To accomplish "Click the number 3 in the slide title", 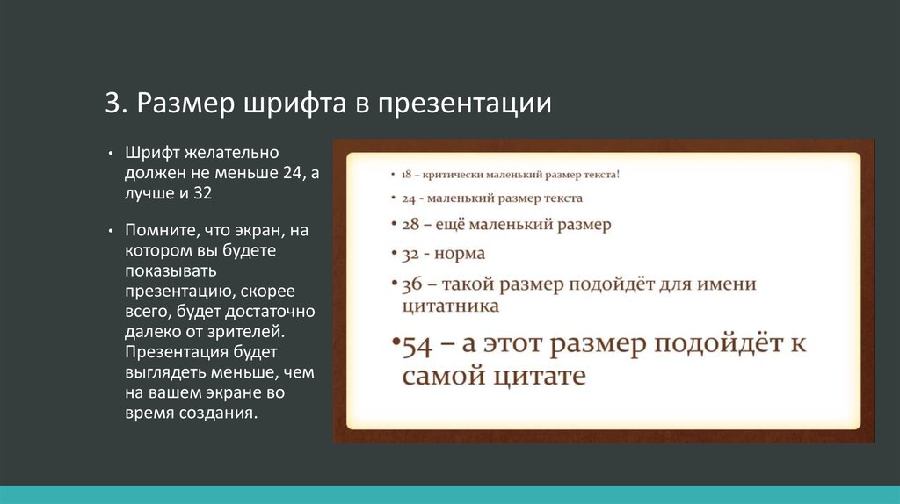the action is point(113,104).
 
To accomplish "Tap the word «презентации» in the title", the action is point(464,105).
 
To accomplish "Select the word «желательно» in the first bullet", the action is point(232,153).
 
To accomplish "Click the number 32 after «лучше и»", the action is point(203,192).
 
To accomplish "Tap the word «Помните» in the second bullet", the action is point(163,230).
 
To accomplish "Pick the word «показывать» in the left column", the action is point(171,270).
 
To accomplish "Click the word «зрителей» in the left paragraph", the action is point(244,332).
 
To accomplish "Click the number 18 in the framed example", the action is point(406,175).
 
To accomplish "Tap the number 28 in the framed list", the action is point(410,224).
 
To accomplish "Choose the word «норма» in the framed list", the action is point(460,254).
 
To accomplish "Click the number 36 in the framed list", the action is point(411,284).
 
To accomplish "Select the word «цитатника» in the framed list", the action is point(451,306).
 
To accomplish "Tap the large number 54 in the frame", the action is point(417,346).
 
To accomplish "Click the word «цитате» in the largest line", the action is point(536,377).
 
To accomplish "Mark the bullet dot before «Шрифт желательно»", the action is point(111,153).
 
